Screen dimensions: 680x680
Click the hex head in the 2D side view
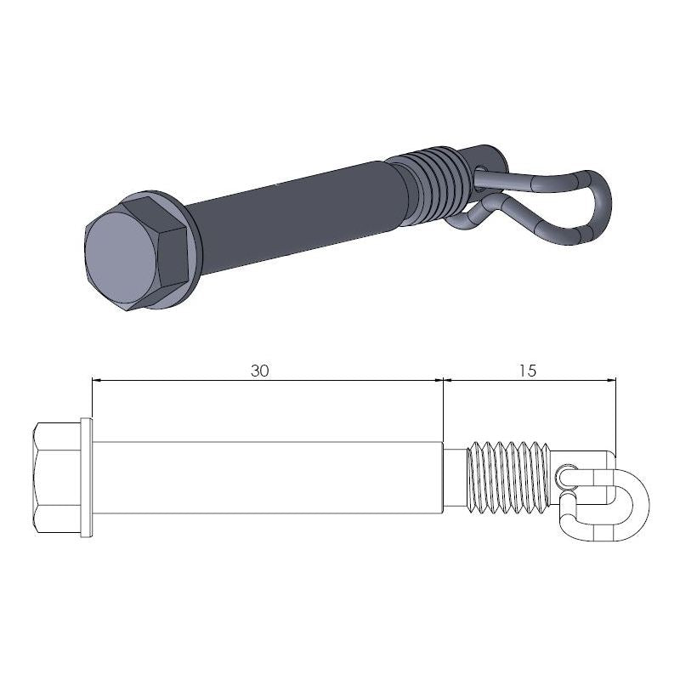(57, 478)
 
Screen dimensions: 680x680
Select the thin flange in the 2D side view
(86, 478)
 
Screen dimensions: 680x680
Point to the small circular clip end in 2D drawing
(568, 473)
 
